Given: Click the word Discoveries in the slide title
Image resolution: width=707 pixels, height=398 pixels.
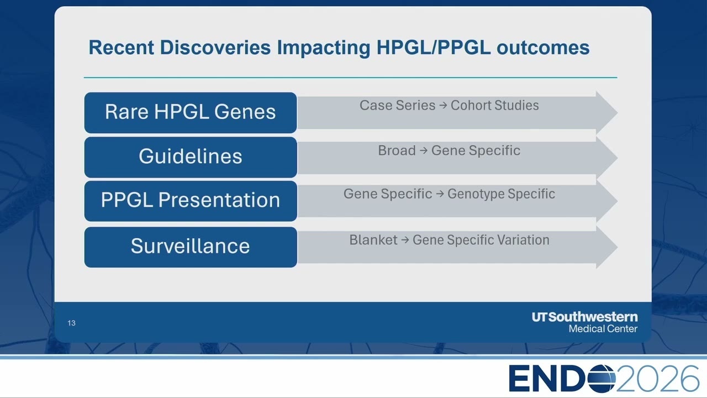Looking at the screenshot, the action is coord(215,48).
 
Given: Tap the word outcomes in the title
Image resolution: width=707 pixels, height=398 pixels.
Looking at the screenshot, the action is coord(543,48).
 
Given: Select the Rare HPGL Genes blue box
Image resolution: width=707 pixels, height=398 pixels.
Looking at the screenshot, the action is coord(191,112).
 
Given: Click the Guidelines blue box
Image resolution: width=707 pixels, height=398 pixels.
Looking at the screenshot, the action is coord(191,157).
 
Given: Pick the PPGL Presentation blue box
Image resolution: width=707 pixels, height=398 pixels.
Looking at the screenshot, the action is coord(191,201).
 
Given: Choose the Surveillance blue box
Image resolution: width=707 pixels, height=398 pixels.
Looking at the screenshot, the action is coord(191,247).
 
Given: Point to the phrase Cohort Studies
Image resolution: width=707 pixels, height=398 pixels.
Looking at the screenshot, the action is coord(494,105).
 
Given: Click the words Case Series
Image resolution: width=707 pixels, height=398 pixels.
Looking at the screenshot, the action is coord(397,105).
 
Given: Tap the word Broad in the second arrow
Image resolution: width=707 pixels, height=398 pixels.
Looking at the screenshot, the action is coord(397,150).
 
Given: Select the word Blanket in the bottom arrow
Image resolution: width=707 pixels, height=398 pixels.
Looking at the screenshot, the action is coord(373,240).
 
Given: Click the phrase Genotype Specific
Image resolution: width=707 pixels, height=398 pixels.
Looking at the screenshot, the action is coord(501,194).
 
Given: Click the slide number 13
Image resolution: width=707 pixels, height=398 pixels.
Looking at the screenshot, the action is coord(71,323).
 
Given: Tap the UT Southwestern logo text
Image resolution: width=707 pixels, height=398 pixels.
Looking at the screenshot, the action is coord(584,317).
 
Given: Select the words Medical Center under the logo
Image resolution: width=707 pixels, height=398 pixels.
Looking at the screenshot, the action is coord(603,329).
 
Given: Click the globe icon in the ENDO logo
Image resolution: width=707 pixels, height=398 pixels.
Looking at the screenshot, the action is coord(601,379).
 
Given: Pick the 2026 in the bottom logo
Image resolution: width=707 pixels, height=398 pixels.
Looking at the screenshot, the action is coord(658,379).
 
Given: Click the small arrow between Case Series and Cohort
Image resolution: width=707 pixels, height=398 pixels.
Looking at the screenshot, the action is coord(443,105).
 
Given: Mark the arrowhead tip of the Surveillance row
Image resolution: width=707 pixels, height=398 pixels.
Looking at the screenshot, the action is coord(617,247).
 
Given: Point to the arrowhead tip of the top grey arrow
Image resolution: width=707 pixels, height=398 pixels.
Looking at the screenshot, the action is coord(617,112).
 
